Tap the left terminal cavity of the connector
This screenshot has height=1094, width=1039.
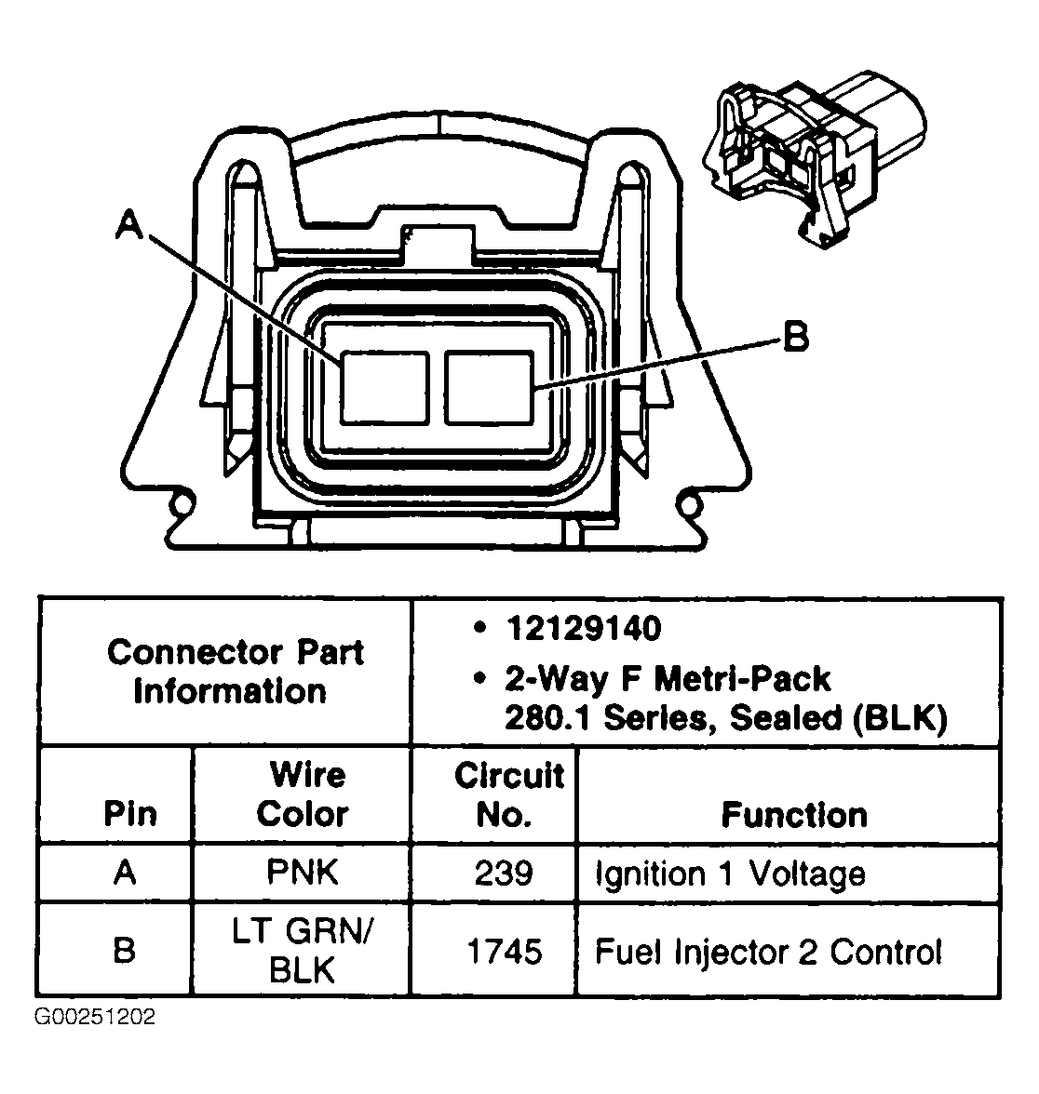(x=383, y=386)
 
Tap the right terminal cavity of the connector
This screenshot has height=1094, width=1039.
(x=489, y=385)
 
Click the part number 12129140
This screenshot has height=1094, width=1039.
(x=583, y=628)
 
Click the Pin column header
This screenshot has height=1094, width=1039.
(x=129, y=814)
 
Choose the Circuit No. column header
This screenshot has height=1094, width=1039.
(x=508, y=794)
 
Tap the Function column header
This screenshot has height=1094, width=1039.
(x=794, y=815)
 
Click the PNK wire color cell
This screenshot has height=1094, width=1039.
(x=303, y=873)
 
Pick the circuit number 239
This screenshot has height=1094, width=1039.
(x=504, y=874)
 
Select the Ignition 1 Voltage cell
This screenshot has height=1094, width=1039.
(x=730, y=874)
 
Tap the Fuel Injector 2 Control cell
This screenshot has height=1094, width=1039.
(x=768, y=952)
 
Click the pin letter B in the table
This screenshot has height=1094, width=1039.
(x=124, y=951)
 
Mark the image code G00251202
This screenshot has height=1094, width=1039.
(x=95, y=1017)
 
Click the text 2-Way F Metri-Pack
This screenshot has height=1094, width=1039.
(x=668, y=679)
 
